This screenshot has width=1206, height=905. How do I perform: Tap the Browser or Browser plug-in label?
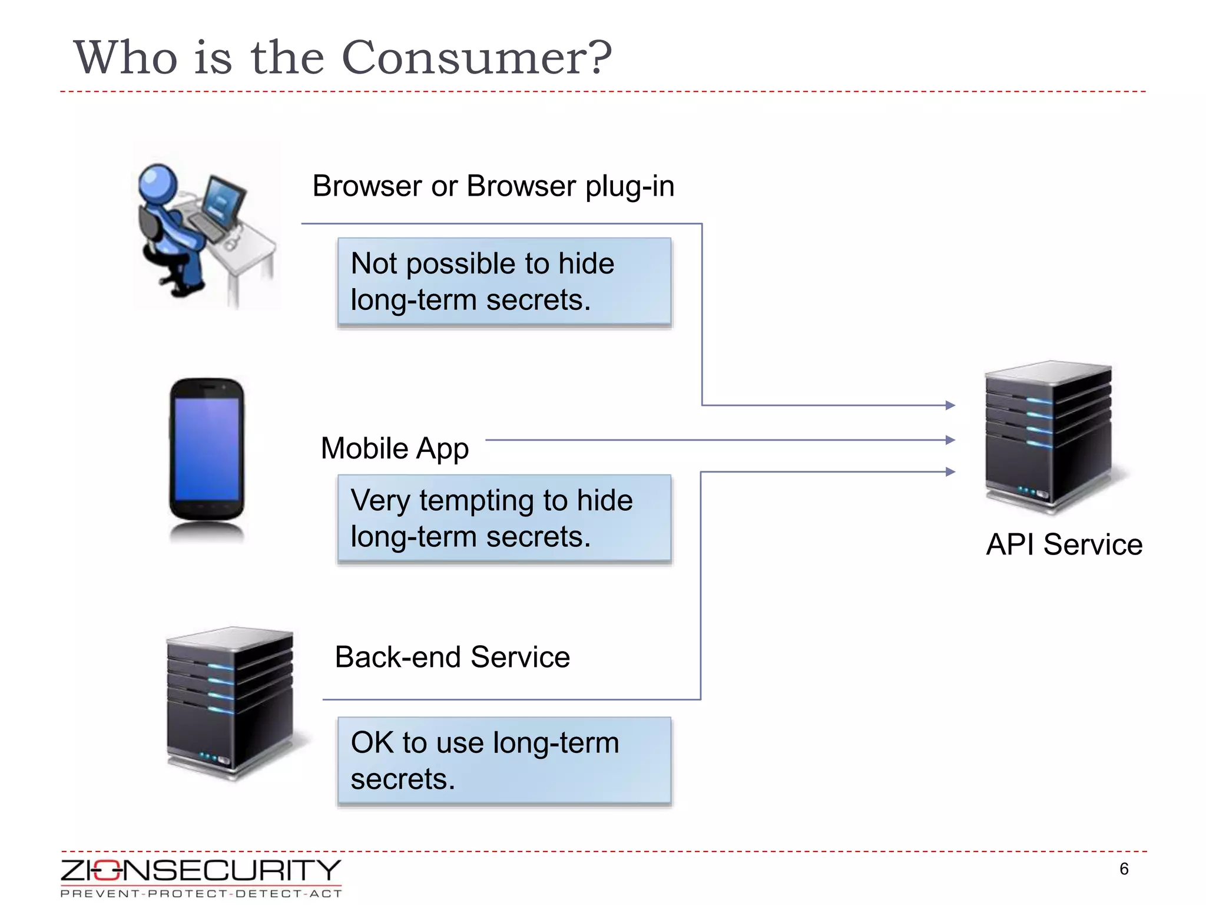(x=493, y=186)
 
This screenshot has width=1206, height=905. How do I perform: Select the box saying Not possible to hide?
(x=504, y=281)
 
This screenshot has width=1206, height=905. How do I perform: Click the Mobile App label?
(x=394, y=448)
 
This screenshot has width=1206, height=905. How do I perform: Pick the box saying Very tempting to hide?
(x=504, y=518)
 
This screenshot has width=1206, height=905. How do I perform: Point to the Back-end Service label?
(x=452, y=657)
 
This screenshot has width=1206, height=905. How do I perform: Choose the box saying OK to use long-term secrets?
(x=504, y=760)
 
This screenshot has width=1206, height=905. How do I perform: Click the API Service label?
(x=1063, y=544)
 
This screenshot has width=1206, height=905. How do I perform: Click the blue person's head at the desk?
(x=157, y=183)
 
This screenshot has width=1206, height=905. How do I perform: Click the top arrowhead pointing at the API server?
(x=950, y=405)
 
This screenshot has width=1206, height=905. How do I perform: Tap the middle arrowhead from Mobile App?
(x=950, y=440)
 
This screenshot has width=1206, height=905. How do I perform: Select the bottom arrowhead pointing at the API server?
(x=950, y=472)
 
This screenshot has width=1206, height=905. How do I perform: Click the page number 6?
(x=1124, y=869)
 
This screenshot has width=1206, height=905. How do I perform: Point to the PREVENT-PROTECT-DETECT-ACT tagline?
(x=200, y=894)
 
